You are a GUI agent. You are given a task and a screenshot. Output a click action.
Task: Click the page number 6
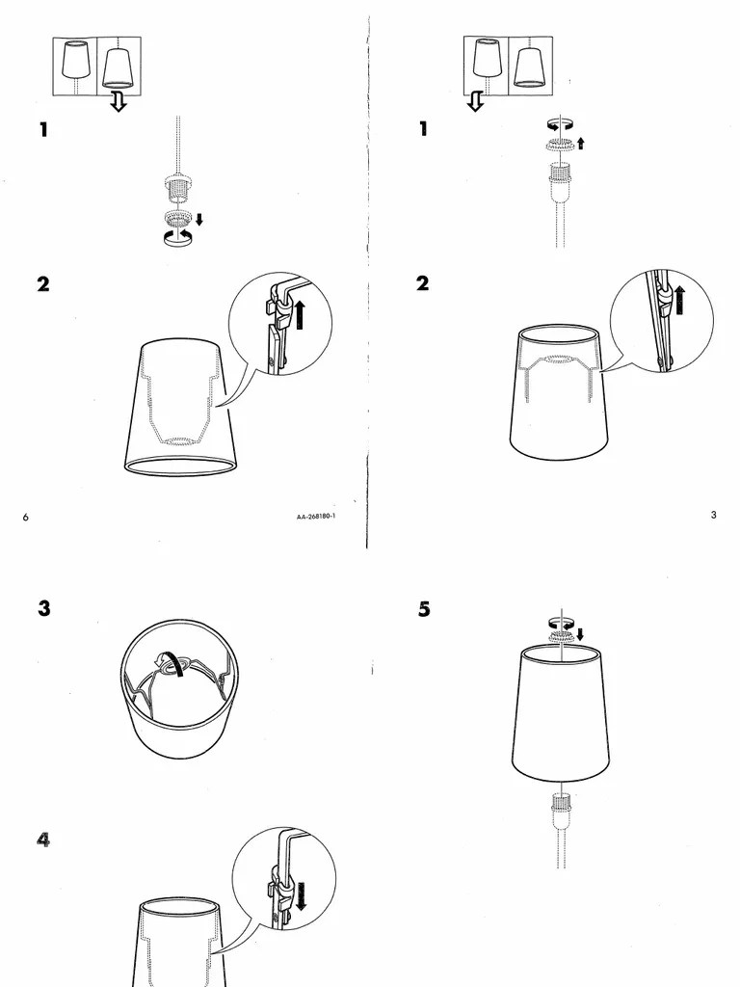[x=26, y=518]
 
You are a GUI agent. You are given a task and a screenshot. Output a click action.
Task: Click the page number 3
[x=713, y=515]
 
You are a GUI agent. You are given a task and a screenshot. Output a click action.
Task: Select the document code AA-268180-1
[x=322, y=517]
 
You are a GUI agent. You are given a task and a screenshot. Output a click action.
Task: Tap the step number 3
[x=44, y=609]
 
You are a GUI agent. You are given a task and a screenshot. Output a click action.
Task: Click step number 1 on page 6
[x=43, y=129]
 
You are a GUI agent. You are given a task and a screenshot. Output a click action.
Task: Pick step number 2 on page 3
[x=424, y=283]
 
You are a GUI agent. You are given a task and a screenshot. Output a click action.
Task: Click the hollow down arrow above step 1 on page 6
[x=119, y=102]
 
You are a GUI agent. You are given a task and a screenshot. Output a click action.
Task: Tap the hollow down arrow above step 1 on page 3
[x=475, y=102]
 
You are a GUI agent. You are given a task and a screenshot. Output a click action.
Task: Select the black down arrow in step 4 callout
[x=301, y=893]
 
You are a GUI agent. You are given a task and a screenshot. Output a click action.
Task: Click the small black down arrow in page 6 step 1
[x=198, y=219]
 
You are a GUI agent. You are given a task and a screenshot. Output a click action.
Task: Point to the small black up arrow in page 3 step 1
[x=580, y=144]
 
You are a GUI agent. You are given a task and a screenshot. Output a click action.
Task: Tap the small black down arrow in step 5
[x=580, y=633]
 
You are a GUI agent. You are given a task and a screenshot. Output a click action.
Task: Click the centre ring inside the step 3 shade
[x=174, y=664]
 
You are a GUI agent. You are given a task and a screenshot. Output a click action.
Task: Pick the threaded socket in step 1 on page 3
[x=559, y=174]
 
